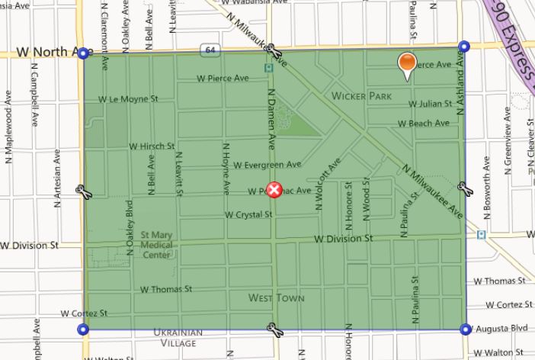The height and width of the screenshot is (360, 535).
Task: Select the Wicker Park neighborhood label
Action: click(361, 96)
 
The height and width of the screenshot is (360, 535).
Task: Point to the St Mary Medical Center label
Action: click(156, 245)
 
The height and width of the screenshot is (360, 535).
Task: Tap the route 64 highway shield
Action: click(207, 50)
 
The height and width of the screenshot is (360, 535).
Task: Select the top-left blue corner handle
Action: click(84, 55)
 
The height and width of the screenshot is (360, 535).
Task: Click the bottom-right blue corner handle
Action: click(465, 329)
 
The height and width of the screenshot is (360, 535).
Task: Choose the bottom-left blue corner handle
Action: click(83, 329)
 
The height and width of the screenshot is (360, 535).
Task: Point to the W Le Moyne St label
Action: click(133, 98)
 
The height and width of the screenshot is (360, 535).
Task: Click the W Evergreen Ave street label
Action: click(267, 164)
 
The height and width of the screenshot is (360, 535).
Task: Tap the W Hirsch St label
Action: click(152, 145)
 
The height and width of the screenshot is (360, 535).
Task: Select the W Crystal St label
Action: click(249, 215)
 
